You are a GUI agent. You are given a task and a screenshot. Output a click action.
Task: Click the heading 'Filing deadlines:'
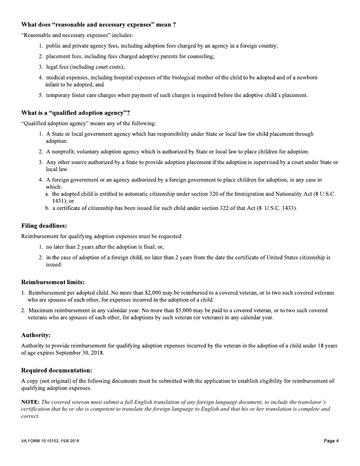point(44,226)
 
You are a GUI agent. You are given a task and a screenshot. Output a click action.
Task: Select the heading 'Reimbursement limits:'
point(53,282)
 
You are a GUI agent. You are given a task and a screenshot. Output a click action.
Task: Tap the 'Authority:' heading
point(36,335)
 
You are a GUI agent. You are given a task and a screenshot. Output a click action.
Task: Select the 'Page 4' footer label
point(331,441)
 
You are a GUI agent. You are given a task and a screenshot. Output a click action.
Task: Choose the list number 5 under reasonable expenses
point(41,95)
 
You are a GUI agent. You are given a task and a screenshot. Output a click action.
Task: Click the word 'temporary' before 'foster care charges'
point(58,95)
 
